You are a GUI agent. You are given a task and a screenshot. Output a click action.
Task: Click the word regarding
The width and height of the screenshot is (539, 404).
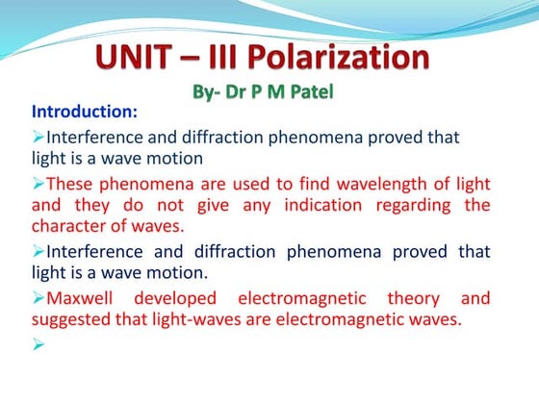coord(427,205)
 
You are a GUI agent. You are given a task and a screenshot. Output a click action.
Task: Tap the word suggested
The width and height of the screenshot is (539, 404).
coord(69,321)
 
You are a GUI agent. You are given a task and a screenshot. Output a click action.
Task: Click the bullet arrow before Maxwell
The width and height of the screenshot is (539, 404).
coord(38,299)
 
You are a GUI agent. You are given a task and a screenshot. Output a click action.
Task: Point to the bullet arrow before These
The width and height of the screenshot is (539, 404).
coord(38,183)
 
